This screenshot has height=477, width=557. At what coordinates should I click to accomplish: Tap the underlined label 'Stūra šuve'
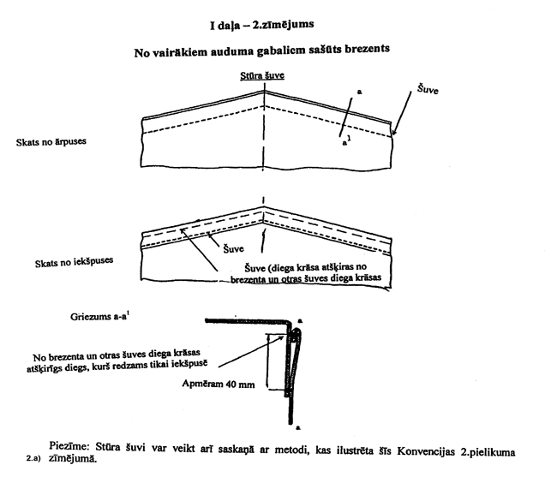pyautogui.click(x=262, y=75)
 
